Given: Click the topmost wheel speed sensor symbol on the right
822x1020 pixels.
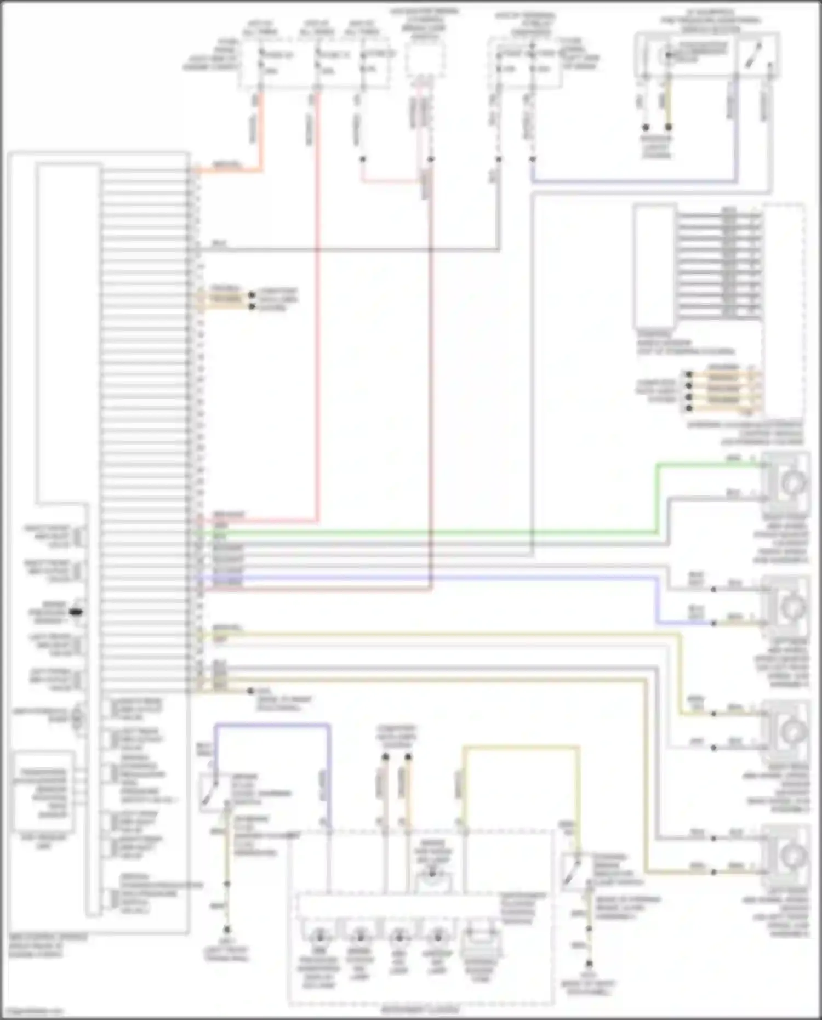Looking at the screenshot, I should pyautogui.click(x=794, y=482).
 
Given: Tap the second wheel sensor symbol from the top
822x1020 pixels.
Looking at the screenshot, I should pyautogui.click(x=793, y=606).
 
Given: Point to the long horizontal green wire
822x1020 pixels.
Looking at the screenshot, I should pyautogui.click(x=427, y=532).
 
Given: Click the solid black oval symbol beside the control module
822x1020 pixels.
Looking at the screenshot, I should pyautogui.click(x=77, y=611).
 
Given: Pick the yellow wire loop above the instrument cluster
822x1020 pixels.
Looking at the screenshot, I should pyautogui.click(x=521, y=747).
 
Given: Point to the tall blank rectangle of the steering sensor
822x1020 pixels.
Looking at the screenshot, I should pyautogui.click(x=655, y=266).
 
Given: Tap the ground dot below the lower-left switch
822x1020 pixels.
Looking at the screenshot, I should pyautogui.click(x=226, y=930).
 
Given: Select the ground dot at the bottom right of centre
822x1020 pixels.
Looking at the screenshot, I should pyautogui.click(x=589, y=963).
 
